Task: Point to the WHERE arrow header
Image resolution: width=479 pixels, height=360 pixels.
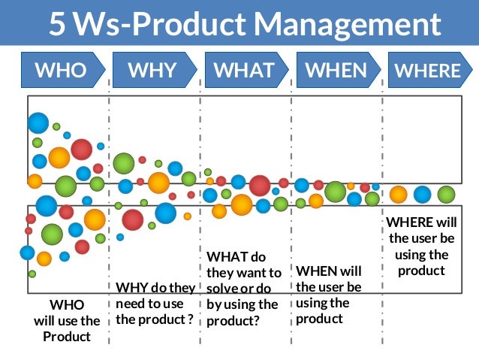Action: click(428, 71)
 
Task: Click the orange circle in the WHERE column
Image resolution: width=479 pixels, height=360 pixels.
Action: click(399, 195)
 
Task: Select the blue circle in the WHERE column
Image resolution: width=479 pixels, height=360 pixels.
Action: click(423, 195)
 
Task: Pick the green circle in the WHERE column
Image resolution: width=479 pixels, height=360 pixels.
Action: click(447, 195)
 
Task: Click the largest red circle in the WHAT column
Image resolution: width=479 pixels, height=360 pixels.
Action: click(260, 185)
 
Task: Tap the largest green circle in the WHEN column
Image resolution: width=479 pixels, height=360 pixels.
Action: click(336, 192)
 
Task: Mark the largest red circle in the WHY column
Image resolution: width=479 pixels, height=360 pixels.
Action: click(133, 219)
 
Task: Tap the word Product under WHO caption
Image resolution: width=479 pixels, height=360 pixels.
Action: click(66, 336)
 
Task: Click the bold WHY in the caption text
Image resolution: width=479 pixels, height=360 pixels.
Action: click(131, 287)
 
